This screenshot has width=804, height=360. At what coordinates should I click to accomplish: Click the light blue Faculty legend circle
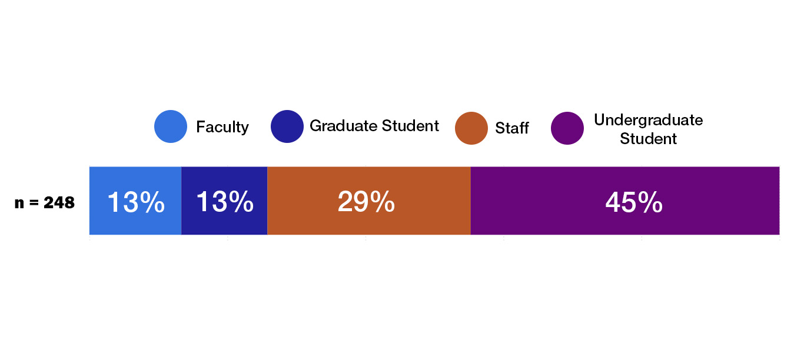(171, 126)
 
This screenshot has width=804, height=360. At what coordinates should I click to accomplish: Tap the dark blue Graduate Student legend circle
(287, 126)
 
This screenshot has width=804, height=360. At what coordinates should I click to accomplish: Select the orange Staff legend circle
(471, 128)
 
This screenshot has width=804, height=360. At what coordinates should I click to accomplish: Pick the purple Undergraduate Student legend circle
(567, 128)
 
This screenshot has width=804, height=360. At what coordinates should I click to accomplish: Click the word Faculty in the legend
(222, 127)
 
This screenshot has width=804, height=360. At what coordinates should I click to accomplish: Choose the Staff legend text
(512, 128)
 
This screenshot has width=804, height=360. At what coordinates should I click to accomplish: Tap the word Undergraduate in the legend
(648, 120)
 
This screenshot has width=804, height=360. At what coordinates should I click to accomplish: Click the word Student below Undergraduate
(648, 139)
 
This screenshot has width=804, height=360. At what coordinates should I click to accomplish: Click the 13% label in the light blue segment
(136, 202)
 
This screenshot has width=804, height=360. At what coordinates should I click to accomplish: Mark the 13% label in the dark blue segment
(224, 202)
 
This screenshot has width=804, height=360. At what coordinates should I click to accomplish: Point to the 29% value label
(366, 202)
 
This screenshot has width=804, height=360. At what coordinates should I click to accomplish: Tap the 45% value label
(634, 203)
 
